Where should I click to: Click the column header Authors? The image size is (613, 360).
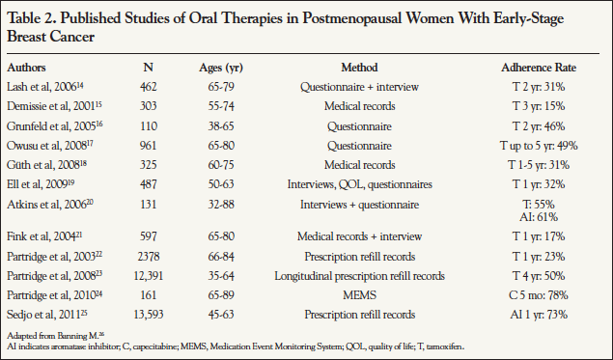(x=29, y=69)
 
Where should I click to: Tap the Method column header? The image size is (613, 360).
(x=360, y=69)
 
